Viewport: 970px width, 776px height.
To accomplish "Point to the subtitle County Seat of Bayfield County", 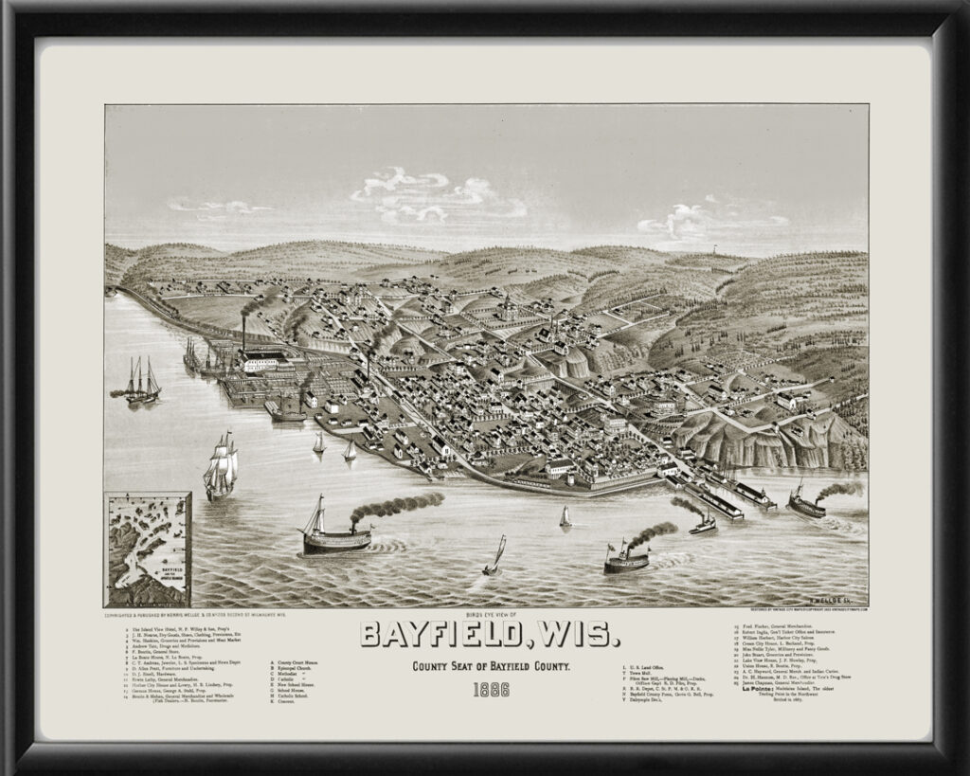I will pyautogui.click(x=490, y=667).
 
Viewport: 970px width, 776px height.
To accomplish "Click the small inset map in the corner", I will pyautogui.click(x=148, y=549).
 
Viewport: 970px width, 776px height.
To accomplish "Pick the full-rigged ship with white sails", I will pyautogui.click(x=221, y=466).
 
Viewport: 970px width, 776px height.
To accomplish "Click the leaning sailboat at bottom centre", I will pyautogui.click(x=494, y=558).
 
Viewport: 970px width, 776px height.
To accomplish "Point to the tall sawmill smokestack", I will pyautogui.click(x=243, y=334).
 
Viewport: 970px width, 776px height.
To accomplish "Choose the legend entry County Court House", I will pyautogui.click(x=296, y=662).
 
